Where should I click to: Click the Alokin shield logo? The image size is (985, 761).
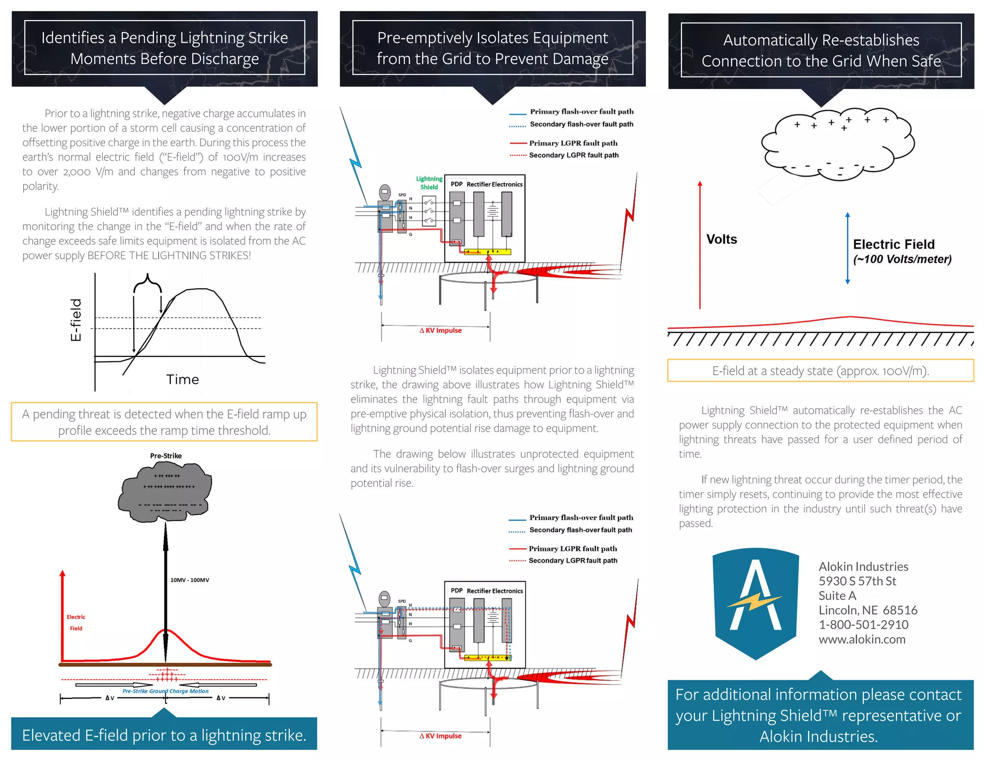tap(755, 602)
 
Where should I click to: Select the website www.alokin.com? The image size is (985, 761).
tap(862, 639)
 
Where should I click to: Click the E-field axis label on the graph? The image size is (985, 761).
tap(76, 319)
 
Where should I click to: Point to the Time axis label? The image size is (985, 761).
tap(182, 380)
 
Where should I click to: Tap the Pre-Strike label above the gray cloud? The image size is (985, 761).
tap(165, 456)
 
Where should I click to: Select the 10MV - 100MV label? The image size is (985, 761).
tap(189, 580)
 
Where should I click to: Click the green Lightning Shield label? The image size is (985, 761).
tap(429, 183)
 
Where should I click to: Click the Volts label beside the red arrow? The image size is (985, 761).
tap(721, 239)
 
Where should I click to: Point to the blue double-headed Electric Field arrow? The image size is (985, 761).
tap(847, 248)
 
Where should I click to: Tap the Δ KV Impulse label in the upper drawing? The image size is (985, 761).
tap(441, 330)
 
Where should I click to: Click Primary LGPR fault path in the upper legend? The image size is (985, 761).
tap(573, 143)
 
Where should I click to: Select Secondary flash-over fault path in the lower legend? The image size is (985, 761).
tap(581, 530)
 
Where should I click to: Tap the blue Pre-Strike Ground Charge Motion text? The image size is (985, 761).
tap(165, 691)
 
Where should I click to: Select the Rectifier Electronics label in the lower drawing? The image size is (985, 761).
tap(494, 591)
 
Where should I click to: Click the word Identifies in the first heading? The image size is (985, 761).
tap(73, 38)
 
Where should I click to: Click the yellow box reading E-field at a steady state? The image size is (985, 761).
tap(820, 371)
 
